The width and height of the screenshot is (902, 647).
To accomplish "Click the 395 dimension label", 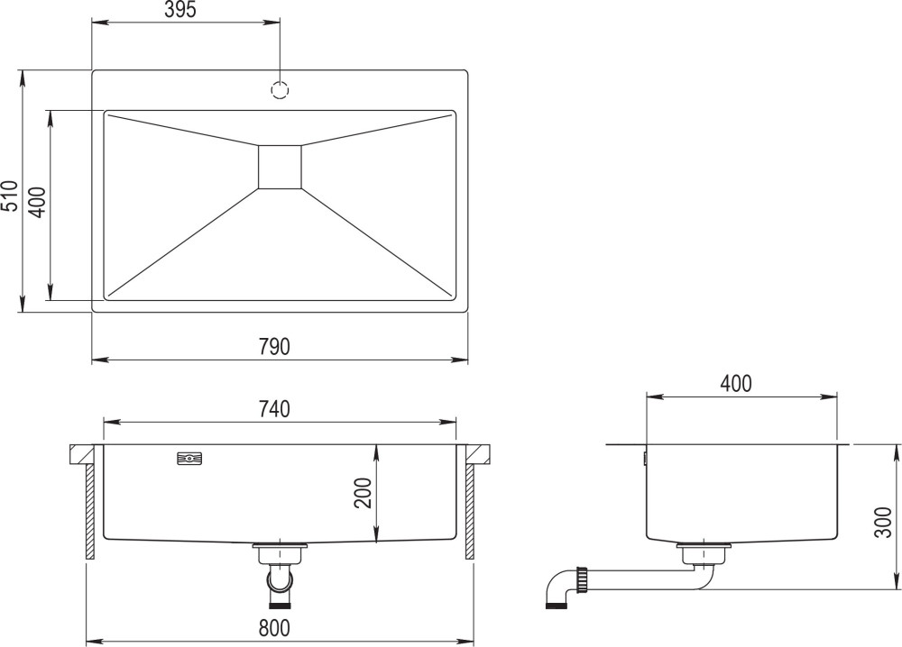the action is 180,10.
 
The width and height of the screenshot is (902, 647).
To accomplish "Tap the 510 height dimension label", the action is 10,196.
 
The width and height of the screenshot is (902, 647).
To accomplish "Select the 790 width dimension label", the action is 274,347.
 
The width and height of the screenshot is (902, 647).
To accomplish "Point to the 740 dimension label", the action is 274,409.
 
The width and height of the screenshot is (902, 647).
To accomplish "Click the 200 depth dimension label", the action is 364,492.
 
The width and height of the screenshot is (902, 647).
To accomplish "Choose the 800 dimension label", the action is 274,628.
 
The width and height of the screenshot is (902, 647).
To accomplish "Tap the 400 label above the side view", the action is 736,383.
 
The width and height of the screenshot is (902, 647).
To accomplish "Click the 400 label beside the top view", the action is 37,202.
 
